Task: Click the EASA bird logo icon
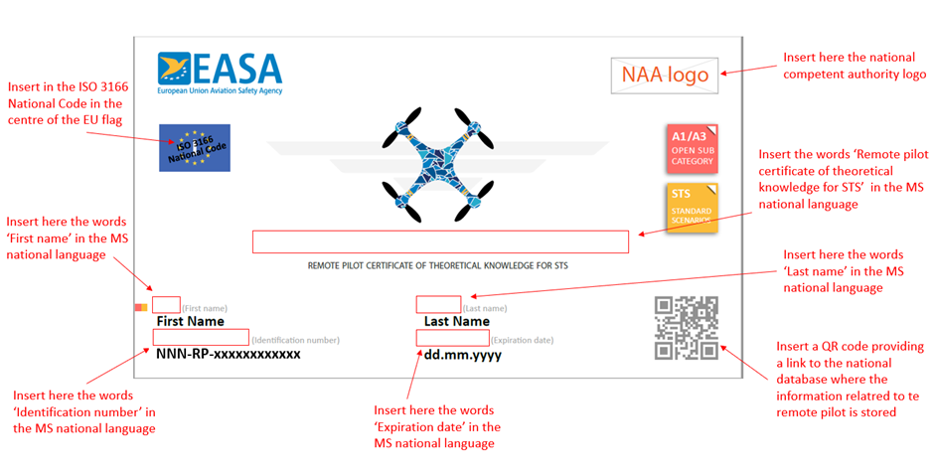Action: pyautogui.click(x=174, y=69)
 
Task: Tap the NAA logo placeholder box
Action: pyautogui.click(x=664, y=76)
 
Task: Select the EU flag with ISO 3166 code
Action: pyautogui.click(x=195, y=148)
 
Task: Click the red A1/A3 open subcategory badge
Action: pyautogui.click(x=693, y=148)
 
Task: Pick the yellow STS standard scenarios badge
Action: pyautogui.click(x=693, y=207)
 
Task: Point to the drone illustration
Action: pyautogui.click(x=438, y=165)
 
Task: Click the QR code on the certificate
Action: pyautogui.click(x=687, y=328)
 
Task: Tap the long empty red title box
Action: pyautogui.click(x=440, y=241)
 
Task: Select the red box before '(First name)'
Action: pyautogui.click(x=166, y=304)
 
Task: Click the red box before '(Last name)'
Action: pyautogui.click(x=438, y=304)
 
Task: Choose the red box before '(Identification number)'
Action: pyautogui.click(x=201, y=337)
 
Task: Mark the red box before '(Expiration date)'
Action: pyautogui.click(x=453, y=337)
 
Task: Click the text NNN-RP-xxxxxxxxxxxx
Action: pyautogui.click(x=229, y=354)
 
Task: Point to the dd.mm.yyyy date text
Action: pyautogui.click(x=463, y=355)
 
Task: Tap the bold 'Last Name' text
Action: pyautogui.click(x=457, y=321)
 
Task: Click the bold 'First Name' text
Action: pyautogui.click(x=191, y=321)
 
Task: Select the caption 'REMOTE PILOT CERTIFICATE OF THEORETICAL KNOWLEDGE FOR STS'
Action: pyautogui.click(x=438, y=265)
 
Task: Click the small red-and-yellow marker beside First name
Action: pyautogui.click(x=141, y=307)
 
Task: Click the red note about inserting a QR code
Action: pyautogui.click(x=850, y=379)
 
